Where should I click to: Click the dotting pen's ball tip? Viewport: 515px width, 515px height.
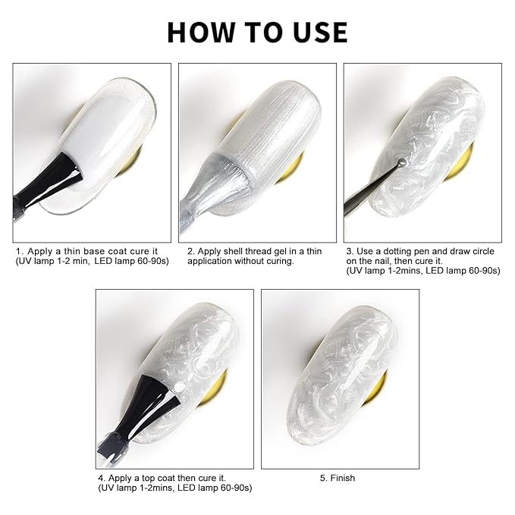coord(401,162)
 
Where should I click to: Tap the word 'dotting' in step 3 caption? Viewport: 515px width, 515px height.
coord(397,252)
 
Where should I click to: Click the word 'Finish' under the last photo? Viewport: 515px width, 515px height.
coord(343,478)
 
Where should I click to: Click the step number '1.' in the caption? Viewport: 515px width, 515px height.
coord(20,252)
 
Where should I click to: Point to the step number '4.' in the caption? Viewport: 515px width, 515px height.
coord(102,478)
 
